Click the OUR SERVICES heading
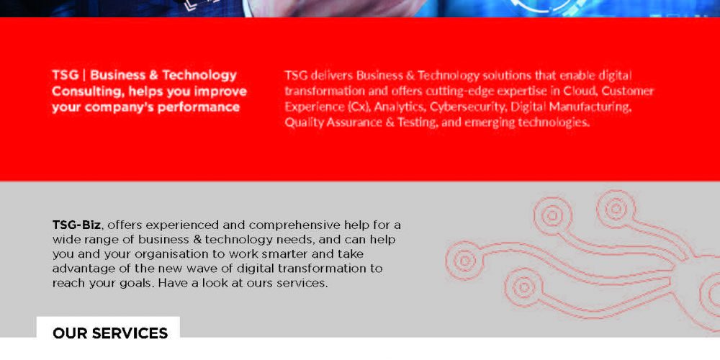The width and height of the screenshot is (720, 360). click(110, 333)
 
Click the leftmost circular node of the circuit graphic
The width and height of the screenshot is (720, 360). click(464, 261)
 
